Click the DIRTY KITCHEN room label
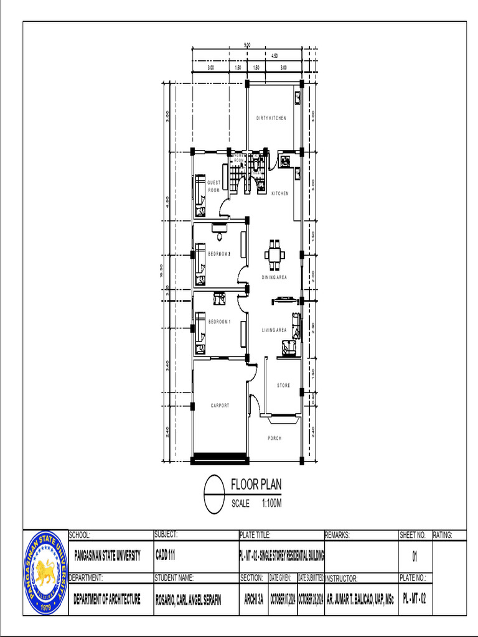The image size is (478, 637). tap(271, 118)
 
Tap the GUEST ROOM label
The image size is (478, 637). tap(213, 186)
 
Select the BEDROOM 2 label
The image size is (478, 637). tap(219, 254)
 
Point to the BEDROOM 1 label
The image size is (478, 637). tap(219, 322)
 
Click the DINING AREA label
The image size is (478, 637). tap(274, 277)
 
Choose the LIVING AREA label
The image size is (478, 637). tap(274, 330)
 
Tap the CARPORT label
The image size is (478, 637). tap(220, 406)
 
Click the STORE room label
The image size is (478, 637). tap(283, 386)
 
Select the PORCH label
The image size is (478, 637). tap(274, 439)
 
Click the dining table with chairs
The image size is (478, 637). tap(274, 254)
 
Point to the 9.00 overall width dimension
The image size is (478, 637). tap(247, 45)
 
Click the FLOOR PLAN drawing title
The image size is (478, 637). tap(256, 484)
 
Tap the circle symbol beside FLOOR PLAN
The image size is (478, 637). tap(214, 495)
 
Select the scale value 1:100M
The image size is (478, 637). tap(272, 504)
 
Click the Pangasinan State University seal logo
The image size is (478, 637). tap(45, 572)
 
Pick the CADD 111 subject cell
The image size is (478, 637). tap(165, 555)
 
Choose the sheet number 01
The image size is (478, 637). tap(415, 555)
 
